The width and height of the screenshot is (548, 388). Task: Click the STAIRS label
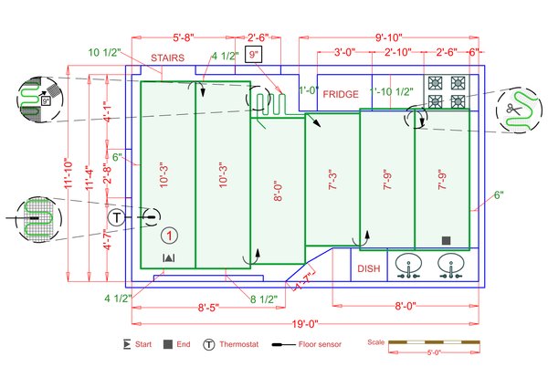(x=168, y=58)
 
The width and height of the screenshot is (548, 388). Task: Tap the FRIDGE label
(x=341, y=94)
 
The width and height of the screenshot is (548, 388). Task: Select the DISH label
(x=368, y=268)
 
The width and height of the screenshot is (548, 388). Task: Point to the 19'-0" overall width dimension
(x=305, y=323)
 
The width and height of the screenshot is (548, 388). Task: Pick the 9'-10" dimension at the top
(x=390, y=37)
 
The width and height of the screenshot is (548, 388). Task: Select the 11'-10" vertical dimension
(x=68, y=173)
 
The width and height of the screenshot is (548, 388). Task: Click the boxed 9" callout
(x=255, y=55)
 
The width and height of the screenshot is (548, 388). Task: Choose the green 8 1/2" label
(x=264, y=299)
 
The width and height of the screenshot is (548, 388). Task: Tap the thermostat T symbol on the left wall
(x=117, y=217)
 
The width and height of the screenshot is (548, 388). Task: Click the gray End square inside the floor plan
(x=447, y=240)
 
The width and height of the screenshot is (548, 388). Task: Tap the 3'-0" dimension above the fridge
(x=344, y=52)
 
